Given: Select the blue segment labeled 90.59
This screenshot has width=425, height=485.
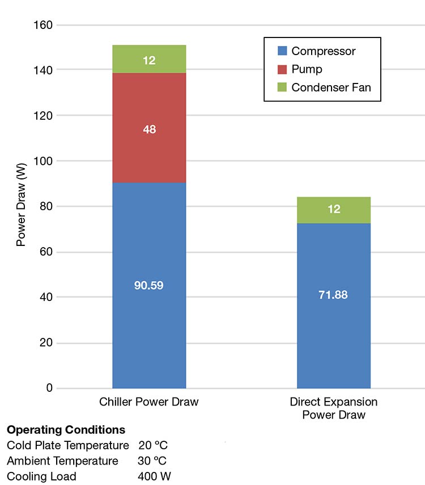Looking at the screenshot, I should click(x=149, y=285).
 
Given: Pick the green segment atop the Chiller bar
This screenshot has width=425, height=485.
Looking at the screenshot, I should click(x=149, y=59).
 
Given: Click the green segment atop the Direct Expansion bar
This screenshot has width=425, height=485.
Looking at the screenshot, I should click(x=333, y=210).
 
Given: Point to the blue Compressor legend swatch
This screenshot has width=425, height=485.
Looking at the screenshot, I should click(x=282, y=51).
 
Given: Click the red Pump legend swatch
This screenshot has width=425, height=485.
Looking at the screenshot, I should click(x=282, y=69).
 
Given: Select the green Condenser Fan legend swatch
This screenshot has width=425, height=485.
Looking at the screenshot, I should click(x=282, y=87).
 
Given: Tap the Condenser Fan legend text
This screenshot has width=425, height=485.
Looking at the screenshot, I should click(x=331, y=87).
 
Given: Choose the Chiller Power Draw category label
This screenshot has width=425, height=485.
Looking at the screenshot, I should click(x=149, y=402).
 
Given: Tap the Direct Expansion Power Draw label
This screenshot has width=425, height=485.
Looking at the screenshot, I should click(x=333, y=408).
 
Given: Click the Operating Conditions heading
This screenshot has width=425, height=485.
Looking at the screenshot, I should click(x=66, y=429).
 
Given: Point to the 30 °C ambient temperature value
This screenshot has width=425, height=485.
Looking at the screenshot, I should click(x=152, y=461).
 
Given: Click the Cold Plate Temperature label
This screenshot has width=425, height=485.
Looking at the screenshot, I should click(x=67, y=445).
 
